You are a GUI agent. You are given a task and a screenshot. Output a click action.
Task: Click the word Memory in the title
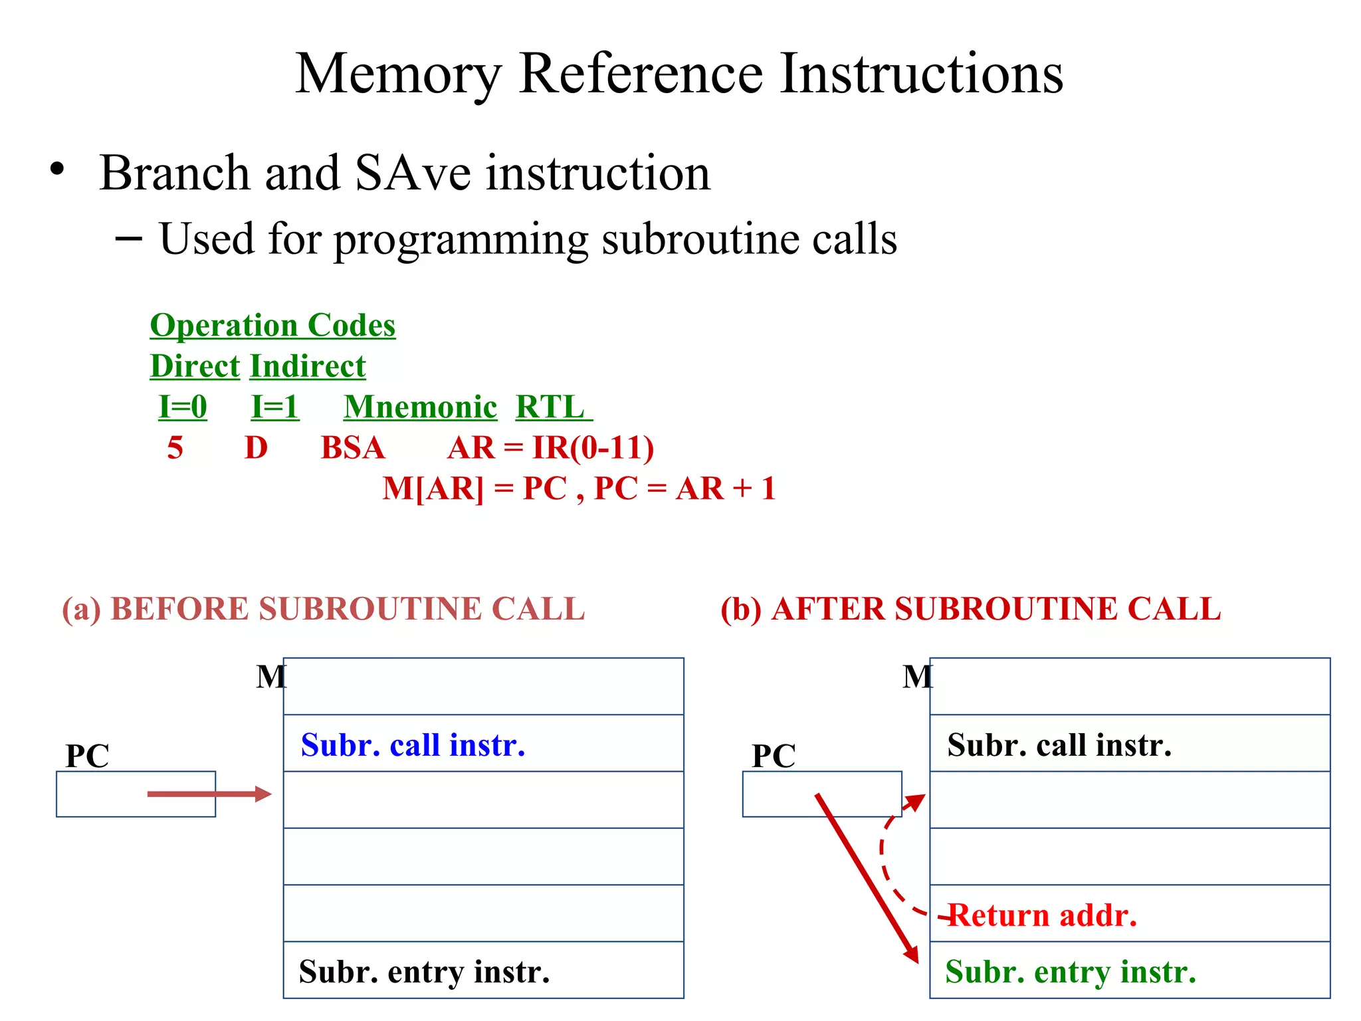(x=397, y=74)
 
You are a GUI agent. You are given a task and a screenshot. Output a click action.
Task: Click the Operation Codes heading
(x=272, y=326)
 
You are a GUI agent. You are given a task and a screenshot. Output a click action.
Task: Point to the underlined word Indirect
(x=308, y=366)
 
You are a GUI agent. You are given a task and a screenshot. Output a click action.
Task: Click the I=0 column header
(x=183, y=407)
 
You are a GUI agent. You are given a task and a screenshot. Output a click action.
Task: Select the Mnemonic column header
(x=420, y=407)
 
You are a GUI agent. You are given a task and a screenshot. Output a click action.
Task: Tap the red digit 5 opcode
(x=175, y=448)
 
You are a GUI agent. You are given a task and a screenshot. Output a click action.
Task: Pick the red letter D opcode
(x=256, y=448)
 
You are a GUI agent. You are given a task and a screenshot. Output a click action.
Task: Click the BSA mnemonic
(x=352, y=448)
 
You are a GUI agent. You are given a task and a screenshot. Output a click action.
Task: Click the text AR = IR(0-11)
(x=550, y=448)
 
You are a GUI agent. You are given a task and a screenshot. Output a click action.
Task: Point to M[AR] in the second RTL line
(x=433, y=489)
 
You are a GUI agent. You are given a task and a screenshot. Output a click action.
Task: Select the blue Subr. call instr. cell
(x=413, y=745)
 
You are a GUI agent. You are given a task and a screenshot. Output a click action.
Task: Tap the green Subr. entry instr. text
(x=1070, y=972)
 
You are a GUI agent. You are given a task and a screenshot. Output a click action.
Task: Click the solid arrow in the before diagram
(x=209, y=794)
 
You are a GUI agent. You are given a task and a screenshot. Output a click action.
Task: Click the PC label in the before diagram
(x=87, y=756)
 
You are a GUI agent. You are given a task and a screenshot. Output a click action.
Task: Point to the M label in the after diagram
(x=917, y=677)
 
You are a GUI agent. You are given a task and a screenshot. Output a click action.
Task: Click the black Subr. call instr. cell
(x=1059, y=745)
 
